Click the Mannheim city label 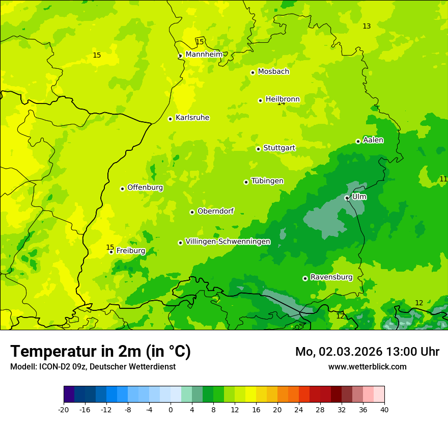tap(204, 55)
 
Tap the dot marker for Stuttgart tap(258, 149)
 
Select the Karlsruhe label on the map tap(192, 118)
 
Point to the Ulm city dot tap(347, 198)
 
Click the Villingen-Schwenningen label tap(228, 242)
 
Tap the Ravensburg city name tap(331, 277)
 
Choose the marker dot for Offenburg tap(122, 189)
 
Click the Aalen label tap(373, 140)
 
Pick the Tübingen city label tap(267, 181)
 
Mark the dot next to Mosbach tap(253, 72)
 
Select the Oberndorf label tap(215, 211)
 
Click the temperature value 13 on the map tap(367, 26)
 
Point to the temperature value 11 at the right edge tap(443, 179)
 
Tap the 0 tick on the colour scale tap(171, 409)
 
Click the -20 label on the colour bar tap(64, 409)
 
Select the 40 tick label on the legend tap(384, 409)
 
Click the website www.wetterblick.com tap(367, 366)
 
